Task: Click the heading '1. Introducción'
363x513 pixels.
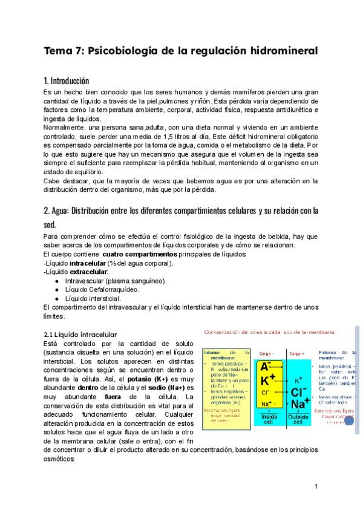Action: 67,80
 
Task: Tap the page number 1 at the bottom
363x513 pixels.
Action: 316,487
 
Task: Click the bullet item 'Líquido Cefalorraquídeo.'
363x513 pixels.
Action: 102,290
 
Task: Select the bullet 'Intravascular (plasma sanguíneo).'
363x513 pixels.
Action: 116,281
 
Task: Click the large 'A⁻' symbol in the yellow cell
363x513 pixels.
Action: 266,367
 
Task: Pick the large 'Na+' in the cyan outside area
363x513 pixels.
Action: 299,404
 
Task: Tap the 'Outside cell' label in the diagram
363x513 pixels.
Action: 298,419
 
